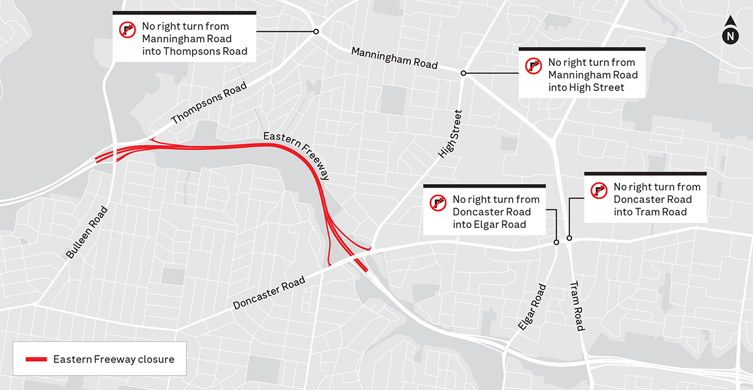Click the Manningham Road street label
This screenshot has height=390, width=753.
pyautogui.click(x=394, y=58)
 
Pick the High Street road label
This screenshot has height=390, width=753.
pyautogui.click(x=450, y=134)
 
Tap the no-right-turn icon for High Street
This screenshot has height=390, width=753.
pyautogui.click(x=534, y=65)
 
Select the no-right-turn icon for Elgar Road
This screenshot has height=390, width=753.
pyautogui.click(x=438, y=202)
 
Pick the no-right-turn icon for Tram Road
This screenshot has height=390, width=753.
pyautogui.click(x=599, y=190)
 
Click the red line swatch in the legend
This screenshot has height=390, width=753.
pyautogui.click(x=36, y=360)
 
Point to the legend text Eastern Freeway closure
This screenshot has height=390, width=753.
pyautogui.click(x=114, y=360)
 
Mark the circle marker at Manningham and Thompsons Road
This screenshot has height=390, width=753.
pyautogui.click(x=316, y=31)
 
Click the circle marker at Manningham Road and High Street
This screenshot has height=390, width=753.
pyautogui.click(x=464, y=73)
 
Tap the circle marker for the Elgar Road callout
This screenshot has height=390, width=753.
pyautogui.click(x=557, y=242)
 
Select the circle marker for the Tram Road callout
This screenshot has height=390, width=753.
pyautogui.click(x=569, y=238)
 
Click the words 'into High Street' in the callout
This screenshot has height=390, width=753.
pyautogui.click(x=586, y=87)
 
